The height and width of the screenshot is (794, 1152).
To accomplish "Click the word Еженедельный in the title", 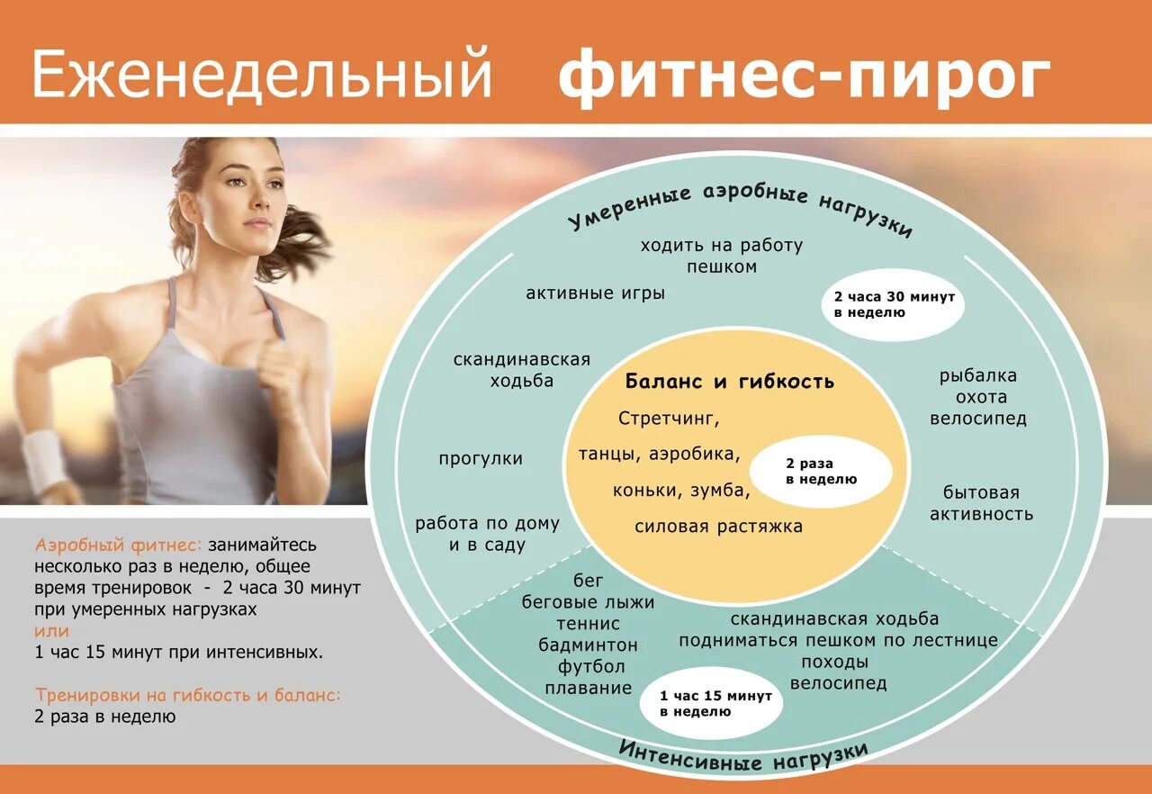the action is coord(262,77).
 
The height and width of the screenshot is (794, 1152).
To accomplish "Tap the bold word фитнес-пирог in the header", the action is coord(804,77).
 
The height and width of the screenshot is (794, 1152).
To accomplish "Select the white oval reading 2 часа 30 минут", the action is coord(894,304).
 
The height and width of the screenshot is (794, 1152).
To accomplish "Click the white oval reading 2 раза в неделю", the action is coord(821,471).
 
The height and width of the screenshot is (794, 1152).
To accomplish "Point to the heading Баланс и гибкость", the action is coord(730,381).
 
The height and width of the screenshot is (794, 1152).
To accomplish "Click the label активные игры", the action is coord(595,293).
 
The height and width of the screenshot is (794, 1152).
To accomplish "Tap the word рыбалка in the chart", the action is coord(977,375).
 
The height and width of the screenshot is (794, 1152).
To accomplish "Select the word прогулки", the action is coord(481,458).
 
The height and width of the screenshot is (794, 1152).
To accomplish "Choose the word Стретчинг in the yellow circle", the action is coord(670,419).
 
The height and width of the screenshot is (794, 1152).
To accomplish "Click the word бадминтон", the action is coord(589,645).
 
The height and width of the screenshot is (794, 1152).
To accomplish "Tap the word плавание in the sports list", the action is coord(589,688).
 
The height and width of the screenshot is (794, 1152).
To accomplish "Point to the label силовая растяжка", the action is coord(718,527).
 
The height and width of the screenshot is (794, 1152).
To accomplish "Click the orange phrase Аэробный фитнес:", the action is coord(120,545).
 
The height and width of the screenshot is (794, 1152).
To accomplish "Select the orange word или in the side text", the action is coord(51,631).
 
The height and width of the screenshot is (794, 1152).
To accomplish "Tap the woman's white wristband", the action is coord(42,460).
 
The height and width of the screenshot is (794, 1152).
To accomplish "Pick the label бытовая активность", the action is coord(981,503).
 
